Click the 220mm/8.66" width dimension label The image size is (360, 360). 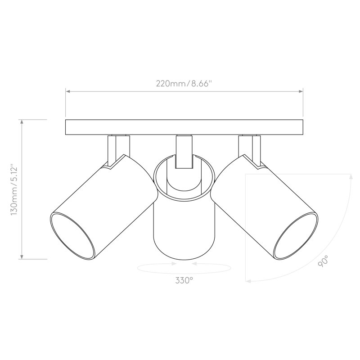pyautogui.click(x=183, y=84)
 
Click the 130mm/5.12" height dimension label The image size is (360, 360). pyautogui.click(x=14, y=189)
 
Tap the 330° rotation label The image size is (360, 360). pyautogui.click(x=184, y=280)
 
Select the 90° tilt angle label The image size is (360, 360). pyautogui.click(x=323, y=261)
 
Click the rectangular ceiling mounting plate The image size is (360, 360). pyautogui.click(x=184, y=127)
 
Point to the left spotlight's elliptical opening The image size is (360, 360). pyautogui.click(x=72, y=236)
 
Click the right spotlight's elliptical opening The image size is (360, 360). pyautogui.click(x=296, y=236)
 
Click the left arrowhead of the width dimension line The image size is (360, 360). pyautogui.click(x=68, y=91)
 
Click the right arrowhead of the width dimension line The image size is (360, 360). pyautogui.click(x=301, y=91)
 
